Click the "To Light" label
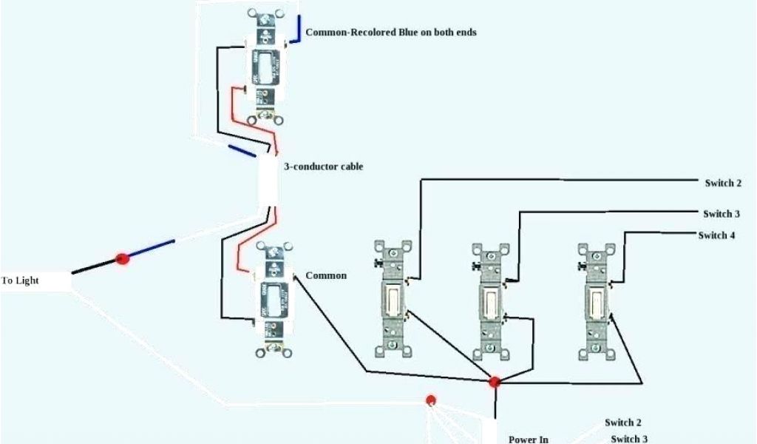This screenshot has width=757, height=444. (x=20, y=281)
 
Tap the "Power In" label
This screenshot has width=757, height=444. (x=528, y=439)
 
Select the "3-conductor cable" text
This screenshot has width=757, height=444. (x=323, y=166)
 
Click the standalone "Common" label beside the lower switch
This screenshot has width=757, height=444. (x=325, y=275)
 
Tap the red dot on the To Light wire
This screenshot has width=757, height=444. (x=123, y=258)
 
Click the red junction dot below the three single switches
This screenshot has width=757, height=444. (x=494, y=382)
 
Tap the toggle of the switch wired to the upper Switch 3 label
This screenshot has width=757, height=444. (x=490, y=301)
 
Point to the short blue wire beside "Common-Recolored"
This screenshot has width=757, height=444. (x=296, y=30)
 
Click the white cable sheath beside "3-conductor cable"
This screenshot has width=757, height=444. (x=268, y=181)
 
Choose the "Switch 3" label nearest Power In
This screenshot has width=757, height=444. (x=629, y=439)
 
